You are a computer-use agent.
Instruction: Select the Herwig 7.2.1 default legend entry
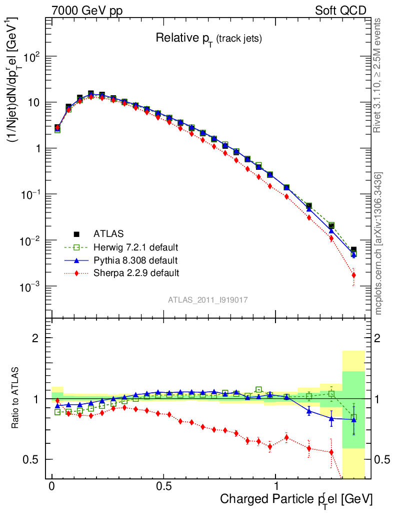click(x=135, y=247)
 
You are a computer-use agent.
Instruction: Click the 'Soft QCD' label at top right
click(x=340, y=11)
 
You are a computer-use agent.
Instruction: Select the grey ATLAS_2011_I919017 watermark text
click(x=208, y=300)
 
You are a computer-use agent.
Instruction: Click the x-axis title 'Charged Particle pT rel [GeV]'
click(x=296, y=499)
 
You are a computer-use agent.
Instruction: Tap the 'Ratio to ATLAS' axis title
click(x=16, y=398)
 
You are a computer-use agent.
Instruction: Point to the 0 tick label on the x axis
click(x=52, y=486)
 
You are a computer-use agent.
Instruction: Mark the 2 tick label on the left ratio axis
click(x=35, y=338)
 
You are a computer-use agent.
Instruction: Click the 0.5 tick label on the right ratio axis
click(x=383, y=459)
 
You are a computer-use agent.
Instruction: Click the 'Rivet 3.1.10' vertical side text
click(x=378, y=75)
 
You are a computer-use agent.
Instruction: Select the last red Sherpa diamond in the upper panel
click(x=353, y=275)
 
